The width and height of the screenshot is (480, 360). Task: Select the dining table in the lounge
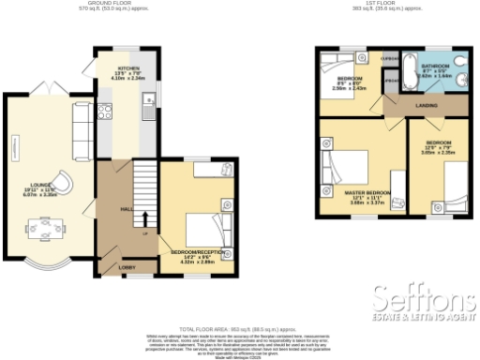[41, 226]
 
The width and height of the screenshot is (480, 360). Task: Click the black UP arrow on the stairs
[144, 219]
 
